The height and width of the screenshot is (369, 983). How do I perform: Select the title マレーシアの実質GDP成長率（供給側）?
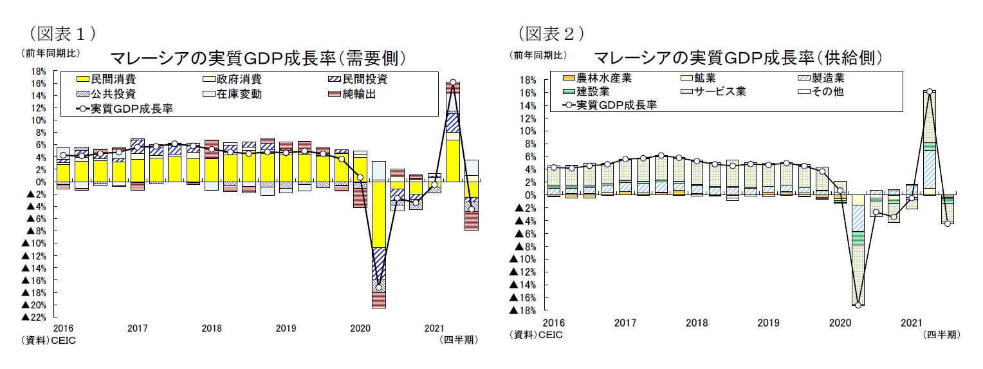click(738, 58)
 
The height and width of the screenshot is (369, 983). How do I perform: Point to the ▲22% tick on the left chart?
click(33, 317)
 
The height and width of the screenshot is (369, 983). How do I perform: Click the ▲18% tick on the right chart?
click(522, 310)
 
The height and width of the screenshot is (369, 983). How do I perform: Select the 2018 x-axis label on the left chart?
click(212, 328)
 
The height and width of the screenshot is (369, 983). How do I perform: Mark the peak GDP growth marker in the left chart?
click(453, 82)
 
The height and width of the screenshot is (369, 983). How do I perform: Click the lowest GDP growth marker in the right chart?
click(858, 305)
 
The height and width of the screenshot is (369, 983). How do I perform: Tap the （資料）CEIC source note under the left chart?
click(49, 340)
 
